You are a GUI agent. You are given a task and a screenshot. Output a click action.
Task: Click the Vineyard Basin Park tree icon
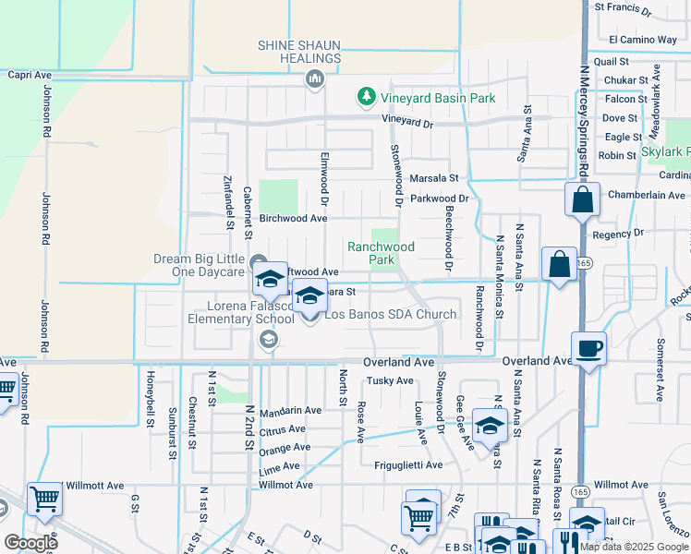367,97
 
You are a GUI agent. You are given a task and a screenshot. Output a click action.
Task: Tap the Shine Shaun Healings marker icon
315,80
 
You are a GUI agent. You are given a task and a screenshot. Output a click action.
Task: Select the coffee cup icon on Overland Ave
588,349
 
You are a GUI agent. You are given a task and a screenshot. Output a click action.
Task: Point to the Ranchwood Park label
381,253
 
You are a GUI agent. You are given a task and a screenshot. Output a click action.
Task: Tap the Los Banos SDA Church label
390,314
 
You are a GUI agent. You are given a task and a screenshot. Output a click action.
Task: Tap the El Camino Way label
643,40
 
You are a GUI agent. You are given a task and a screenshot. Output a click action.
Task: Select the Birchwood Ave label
293,219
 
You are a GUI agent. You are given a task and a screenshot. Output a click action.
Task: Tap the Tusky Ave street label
390,380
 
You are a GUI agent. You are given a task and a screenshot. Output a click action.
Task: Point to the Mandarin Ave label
289,410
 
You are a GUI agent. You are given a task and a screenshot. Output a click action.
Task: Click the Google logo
30,543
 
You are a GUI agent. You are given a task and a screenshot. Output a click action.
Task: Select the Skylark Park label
665,151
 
